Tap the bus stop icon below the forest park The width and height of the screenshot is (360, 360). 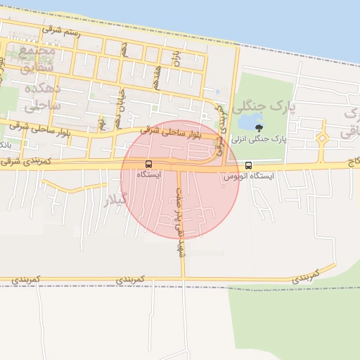point(248,166)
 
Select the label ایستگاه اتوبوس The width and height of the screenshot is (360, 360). point(248,176)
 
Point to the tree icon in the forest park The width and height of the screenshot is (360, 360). point(260,128)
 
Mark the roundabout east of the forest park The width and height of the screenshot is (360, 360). point(322,139)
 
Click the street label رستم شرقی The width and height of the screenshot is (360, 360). point(61,32)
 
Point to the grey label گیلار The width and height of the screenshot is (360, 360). point(115,200)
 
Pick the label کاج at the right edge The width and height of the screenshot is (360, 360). point(352,163)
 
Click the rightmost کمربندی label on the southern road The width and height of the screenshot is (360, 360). point(306,274)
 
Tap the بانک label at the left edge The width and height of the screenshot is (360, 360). point(6,144)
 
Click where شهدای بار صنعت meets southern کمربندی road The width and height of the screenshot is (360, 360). point(182,278)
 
